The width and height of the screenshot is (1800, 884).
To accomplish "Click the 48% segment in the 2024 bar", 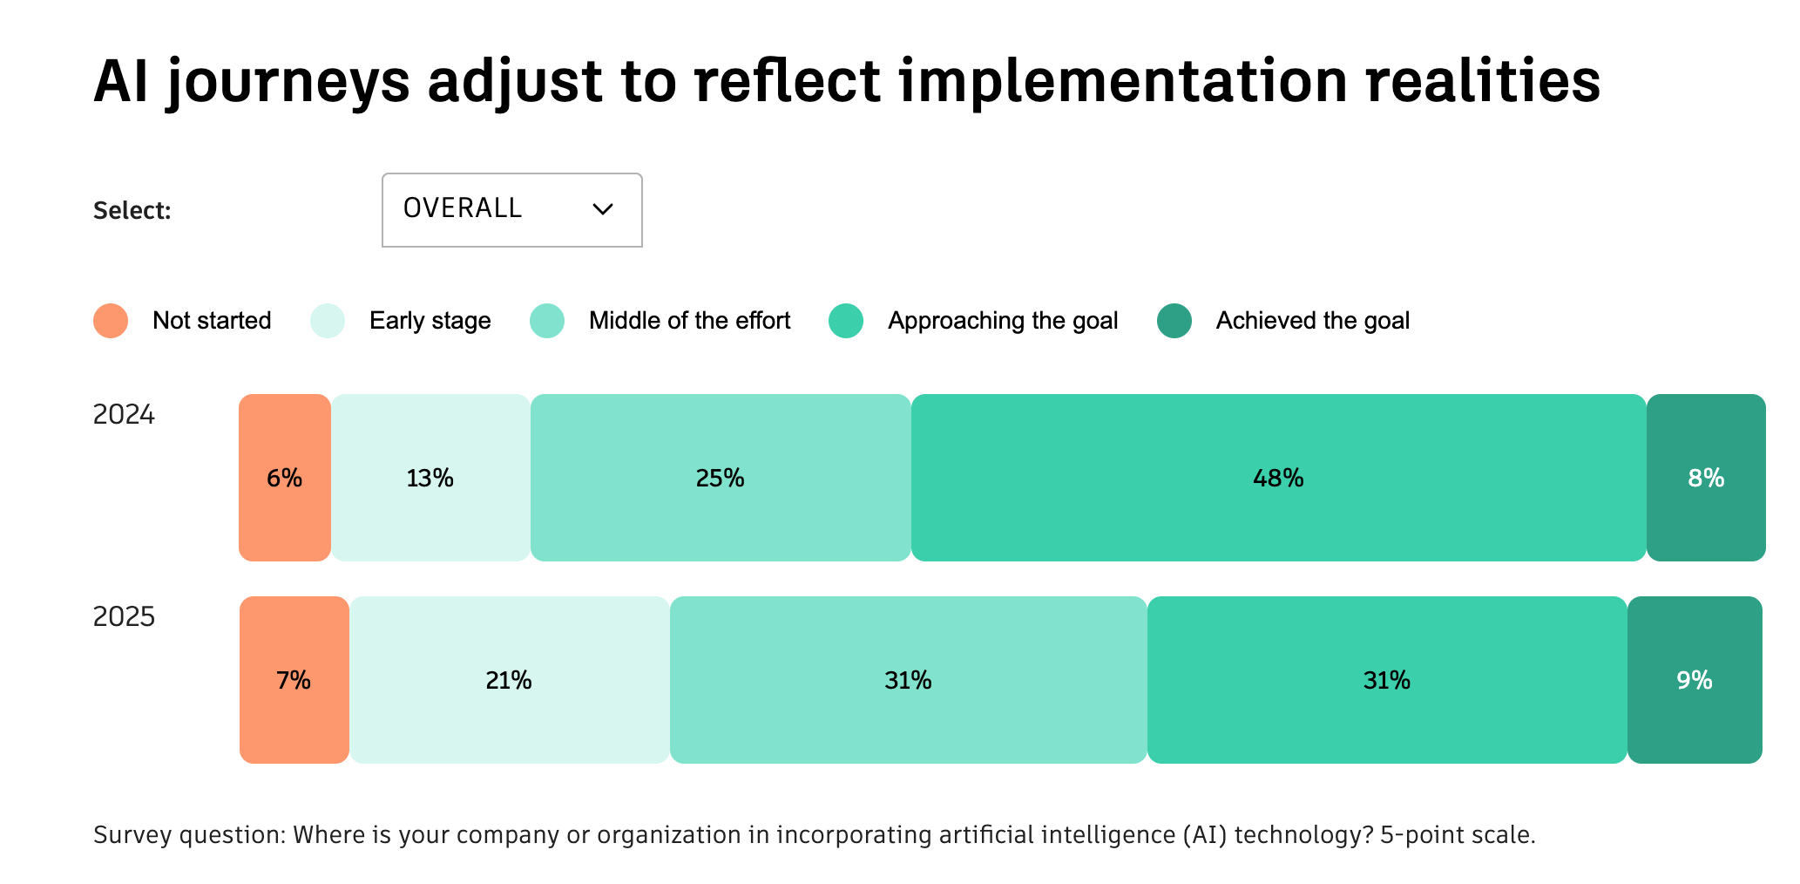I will point(1278,478).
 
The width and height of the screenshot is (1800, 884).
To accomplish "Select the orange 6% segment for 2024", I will point(285,478).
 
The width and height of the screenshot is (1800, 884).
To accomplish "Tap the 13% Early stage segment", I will point(430,478).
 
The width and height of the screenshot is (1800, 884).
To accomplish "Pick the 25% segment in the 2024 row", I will point(721,478).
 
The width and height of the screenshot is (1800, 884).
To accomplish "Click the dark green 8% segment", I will point(1706,478).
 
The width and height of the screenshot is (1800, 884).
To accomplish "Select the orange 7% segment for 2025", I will point(294,680).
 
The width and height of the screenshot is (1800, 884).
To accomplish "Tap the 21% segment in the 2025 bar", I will point(510,680).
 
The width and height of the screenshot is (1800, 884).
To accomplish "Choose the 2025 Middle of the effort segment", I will point(908,680).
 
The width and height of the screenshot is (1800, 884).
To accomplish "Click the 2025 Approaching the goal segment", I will point(1387,680).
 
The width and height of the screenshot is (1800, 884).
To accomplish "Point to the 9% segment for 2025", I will point(1695,680).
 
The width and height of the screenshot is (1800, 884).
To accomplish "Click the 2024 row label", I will point(124,415).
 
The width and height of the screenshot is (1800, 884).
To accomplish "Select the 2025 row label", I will point(124,617).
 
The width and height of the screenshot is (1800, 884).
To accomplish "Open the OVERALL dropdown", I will point(511,210).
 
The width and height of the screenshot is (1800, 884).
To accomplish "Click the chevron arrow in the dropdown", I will point(603,209).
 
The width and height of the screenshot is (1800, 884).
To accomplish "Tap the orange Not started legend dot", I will point(111,321).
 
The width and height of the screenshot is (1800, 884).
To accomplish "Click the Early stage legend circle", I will point(328,321).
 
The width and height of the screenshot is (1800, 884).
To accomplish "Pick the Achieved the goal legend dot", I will point(1174,321).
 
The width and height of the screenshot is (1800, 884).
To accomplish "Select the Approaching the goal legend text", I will point(1003,321).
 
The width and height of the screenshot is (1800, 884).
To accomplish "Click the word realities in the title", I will point(1483,81).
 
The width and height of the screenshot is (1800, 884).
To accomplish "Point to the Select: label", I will point(132,211).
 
